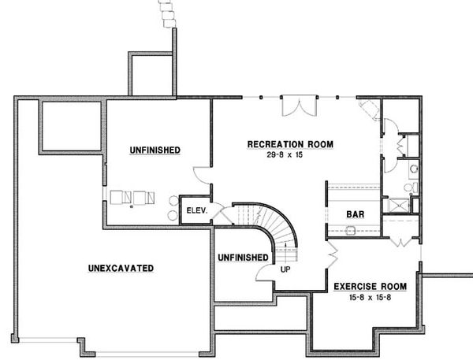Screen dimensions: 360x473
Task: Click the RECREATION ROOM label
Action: pyautogui.click(x=290, y=144)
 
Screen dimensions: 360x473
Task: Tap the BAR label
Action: pyautogui.click(x=354, y=213)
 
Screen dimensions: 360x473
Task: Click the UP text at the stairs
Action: pyautogui.click(x=284, y=269)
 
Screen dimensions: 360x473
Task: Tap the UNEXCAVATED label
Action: pyautogui.click(x=121, y=269)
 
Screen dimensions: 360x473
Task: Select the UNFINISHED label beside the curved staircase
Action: pyautogui.click(x=242, y=256)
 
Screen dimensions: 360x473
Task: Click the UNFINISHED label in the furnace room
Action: pyautogui.click(x=155, y=150)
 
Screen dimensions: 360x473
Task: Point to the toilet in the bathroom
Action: pyautogui.click(x=409, y=187)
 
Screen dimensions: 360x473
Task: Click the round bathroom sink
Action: pyautogui.click(x=413, y=168)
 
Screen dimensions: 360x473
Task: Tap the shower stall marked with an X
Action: pyautogui.click(x=397, y=206)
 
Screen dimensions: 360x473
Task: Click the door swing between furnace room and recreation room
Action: pyautogui.click(x=202, y=175)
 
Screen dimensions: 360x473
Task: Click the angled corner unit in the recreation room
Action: pyautogui.click(x=369, y=109)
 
